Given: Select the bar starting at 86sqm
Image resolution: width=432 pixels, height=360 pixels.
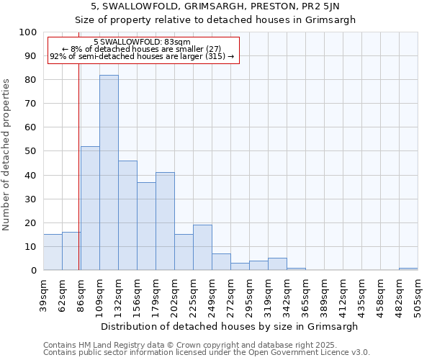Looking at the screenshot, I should pyautogui.click(x=90, y=208).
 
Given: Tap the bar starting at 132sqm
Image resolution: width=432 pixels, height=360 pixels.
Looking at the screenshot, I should pyautogui.click(x=127, y=215).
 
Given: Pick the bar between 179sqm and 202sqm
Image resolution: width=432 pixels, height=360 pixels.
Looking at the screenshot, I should pyautogui.click(x=165, y=221).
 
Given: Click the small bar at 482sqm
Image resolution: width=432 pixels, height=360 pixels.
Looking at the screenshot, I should pyautogui.click(x=408, y=269).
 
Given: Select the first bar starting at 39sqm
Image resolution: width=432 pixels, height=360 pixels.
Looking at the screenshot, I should pyautogui.click(x=53, y=252).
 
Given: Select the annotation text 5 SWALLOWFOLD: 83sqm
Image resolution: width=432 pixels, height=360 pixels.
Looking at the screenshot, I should pyautogui.click(x=142, y=42).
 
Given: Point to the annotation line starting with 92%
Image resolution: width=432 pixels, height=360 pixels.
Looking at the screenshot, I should pyautogui.click(x=142, y=56).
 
